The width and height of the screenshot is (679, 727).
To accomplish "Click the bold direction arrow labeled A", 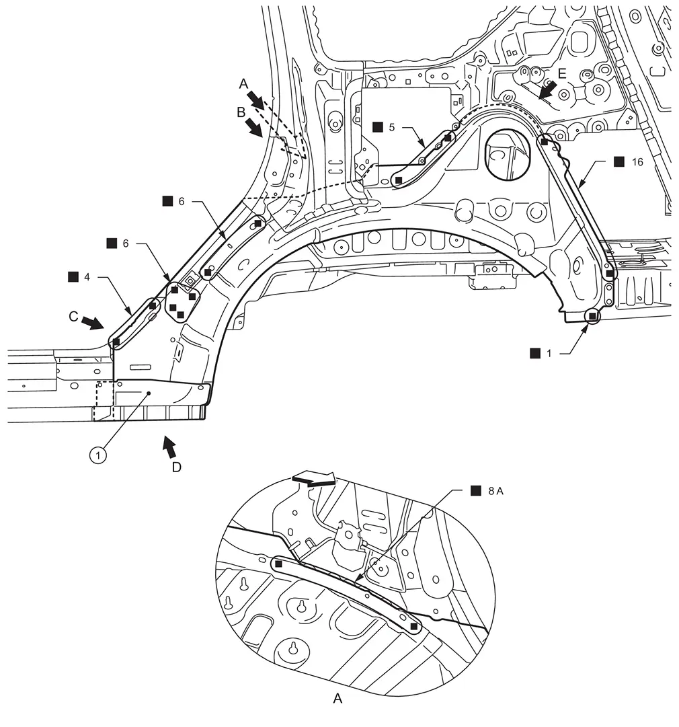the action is pos(255,100).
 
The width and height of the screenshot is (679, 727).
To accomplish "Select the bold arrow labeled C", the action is pos(93,323).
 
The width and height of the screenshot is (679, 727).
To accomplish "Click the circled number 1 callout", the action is pos(97,455).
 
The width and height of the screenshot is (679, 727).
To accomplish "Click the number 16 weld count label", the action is pos(637,162).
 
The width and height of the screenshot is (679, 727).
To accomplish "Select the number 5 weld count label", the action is pos(392,127).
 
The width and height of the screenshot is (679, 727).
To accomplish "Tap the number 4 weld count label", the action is pos(87,277).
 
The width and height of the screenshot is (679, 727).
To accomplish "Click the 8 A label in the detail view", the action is pos(496,491).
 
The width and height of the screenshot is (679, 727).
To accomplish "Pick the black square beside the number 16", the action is pos(618,161).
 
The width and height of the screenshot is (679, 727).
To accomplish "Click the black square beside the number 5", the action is pos(378,127).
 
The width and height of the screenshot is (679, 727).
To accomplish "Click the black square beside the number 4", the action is pos(73,277).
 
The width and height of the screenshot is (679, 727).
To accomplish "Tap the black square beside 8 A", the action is pos(475,490).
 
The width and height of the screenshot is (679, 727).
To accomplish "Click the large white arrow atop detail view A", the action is pos(314,479).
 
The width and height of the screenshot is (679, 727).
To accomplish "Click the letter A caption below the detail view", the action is pos(337,698).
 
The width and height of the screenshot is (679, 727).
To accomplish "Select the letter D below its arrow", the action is pos(177,467).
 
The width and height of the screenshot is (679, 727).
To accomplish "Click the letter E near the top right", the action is pos(562,74).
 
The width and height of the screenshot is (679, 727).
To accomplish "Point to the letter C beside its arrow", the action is pos(73,316).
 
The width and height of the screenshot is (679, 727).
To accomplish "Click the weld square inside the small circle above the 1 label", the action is pos(592,316).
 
